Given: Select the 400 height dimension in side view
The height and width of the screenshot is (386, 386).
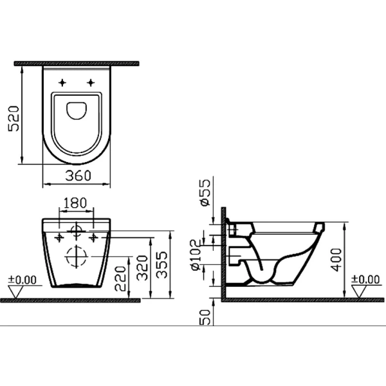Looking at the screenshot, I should (x=337, y=257).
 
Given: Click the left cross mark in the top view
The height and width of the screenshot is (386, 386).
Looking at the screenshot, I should (x=62, y=82).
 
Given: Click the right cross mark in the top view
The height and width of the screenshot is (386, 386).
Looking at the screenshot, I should (x=91, y=82).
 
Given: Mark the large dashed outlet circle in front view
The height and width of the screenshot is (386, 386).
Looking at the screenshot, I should (x=77, y=257).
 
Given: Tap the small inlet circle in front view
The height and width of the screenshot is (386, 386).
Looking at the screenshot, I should (x=77, y=230).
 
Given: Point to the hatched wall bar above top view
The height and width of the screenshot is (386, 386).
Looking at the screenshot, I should (x=77, y=64).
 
